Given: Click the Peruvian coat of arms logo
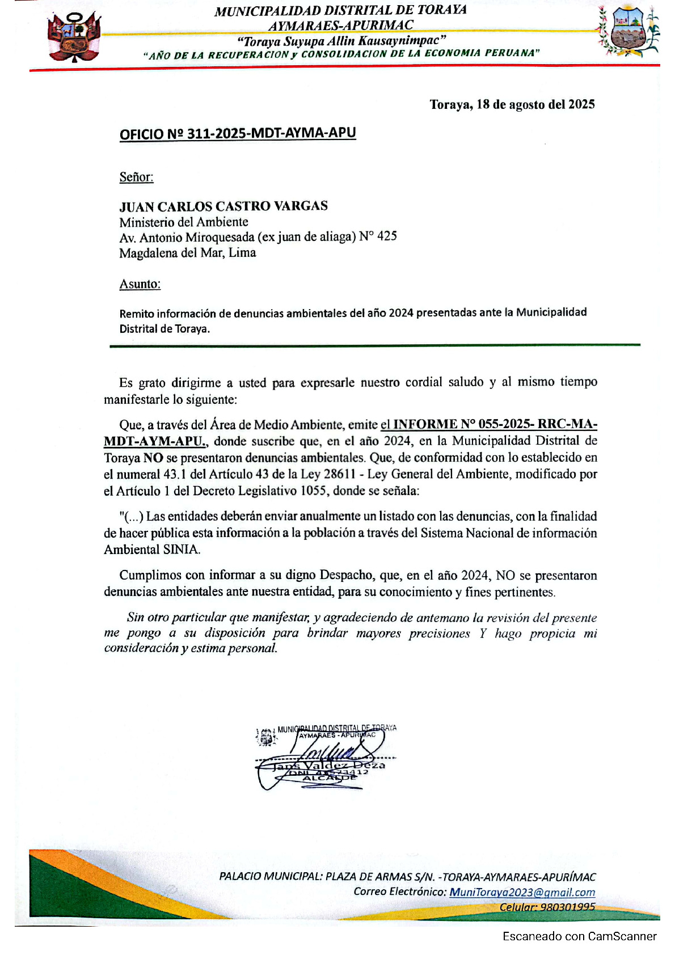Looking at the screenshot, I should [74, 37].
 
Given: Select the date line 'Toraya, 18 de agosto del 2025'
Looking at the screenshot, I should [512, 104].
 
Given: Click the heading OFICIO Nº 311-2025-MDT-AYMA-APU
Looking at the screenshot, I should [238, 134].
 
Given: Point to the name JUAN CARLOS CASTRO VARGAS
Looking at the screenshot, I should [223, 206].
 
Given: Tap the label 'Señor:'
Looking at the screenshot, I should [136, 177].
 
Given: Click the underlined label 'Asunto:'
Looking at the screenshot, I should [140, 284].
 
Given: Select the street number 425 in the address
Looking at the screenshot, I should [387, 236].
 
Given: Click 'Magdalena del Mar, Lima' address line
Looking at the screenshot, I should [187, 253].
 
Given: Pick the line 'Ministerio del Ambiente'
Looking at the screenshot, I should [183, 222].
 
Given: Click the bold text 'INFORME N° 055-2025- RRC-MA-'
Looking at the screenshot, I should [495, 424].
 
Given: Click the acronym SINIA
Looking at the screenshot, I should [182, 550].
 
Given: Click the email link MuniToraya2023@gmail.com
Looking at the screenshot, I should [522, 892].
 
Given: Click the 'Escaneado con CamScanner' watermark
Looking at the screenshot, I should [579, 936].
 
